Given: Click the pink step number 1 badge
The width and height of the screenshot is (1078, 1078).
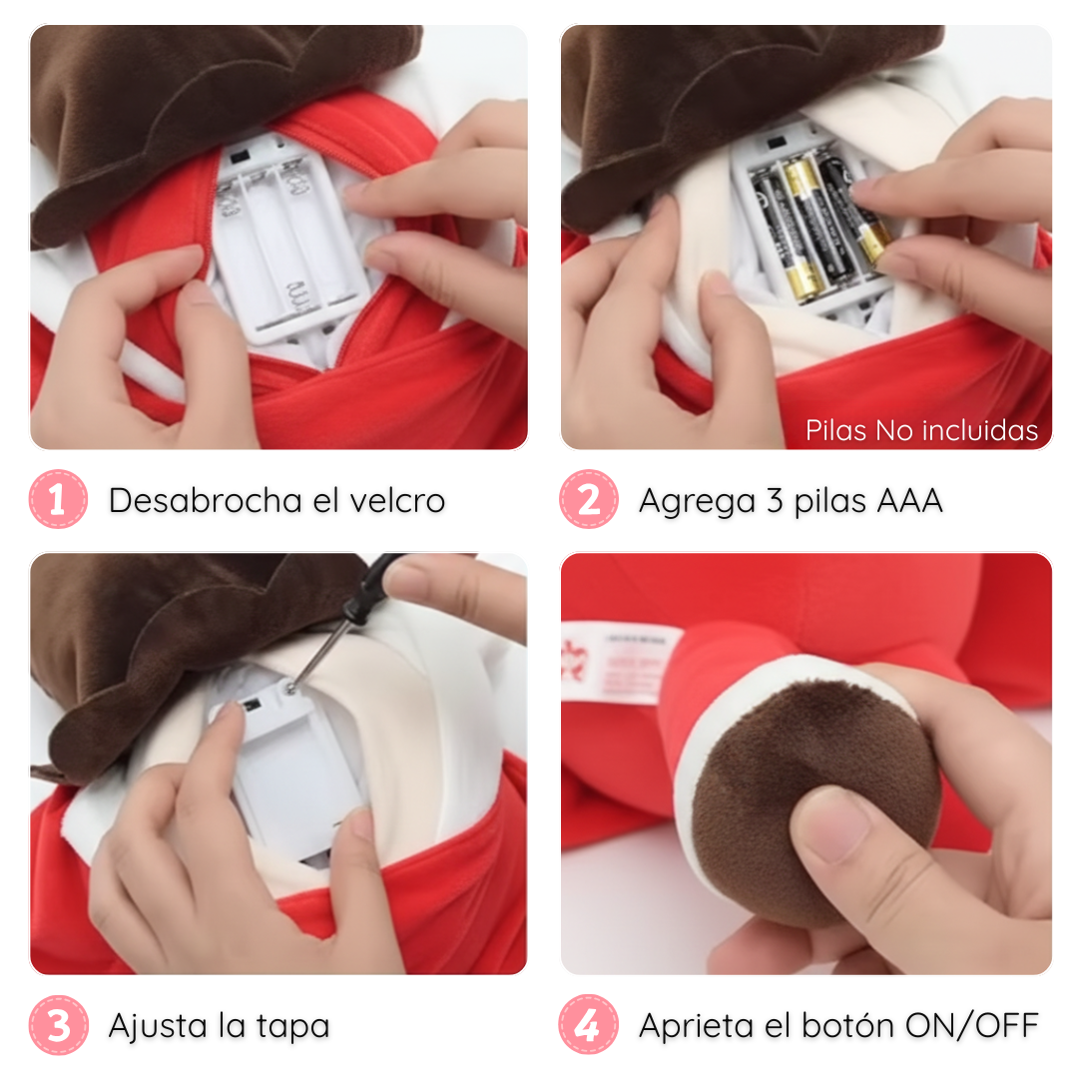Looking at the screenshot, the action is click(59, 499).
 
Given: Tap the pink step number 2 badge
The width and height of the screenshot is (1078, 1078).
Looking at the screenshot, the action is click(589, 499).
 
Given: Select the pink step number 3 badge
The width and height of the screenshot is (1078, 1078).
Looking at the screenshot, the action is click(59, 1025).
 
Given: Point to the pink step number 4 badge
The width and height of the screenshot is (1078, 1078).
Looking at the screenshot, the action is click(589, 1025).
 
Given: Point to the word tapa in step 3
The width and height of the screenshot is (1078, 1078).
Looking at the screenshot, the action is click(292, 1027).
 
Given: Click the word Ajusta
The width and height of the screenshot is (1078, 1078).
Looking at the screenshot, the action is click(158, 1026).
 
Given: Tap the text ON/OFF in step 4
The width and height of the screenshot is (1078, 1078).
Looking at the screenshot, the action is click(971, 1025).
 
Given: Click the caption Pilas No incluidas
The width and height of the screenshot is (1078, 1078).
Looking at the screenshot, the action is click(921, 430).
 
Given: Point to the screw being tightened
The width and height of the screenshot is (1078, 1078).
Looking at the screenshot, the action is click(291, 686).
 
